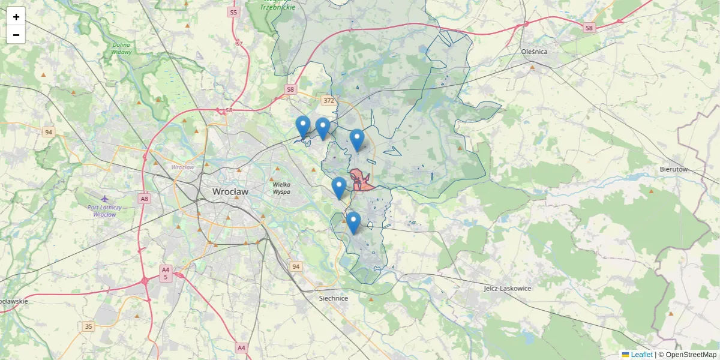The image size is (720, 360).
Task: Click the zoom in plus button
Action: (16, 17)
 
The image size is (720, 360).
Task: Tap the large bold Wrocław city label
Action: (230, 191)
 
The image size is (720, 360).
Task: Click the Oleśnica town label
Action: (534, 52)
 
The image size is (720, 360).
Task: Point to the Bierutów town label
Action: (673, 170)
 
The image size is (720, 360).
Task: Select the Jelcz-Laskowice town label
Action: (508, 289)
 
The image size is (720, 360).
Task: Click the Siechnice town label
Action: (333, 298)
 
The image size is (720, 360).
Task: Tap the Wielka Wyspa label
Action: (281, 188)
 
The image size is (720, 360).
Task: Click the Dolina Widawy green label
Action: (121, 49)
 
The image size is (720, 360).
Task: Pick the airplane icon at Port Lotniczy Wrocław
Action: (106, 199)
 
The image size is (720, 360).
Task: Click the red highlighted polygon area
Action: (362, 182)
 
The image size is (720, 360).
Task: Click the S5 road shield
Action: (233, 12)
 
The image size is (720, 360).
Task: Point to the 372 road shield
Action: (328, 101)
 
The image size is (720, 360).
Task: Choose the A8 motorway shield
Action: (144, 199)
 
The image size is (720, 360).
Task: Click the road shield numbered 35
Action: (89, 326)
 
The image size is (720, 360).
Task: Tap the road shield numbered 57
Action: (239, 44)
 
